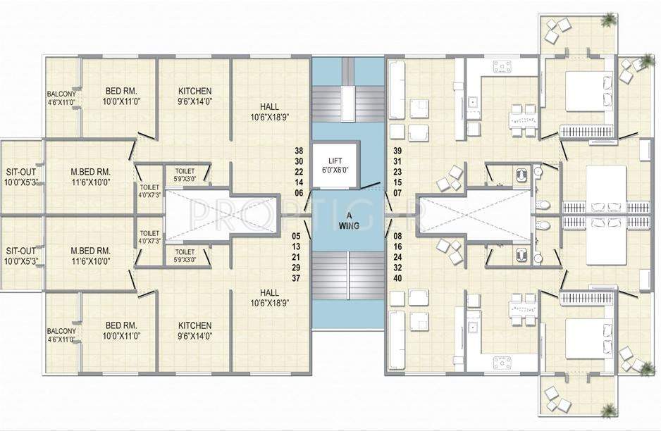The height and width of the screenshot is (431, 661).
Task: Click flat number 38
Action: point(299,151)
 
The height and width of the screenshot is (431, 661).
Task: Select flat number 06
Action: point(299,194)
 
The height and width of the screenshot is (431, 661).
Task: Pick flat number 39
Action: point(397,151)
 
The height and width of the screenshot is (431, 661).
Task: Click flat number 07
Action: point(397,194)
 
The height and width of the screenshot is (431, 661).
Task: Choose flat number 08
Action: point(397,236)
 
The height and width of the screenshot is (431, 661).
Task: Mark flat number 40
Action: point(397,278)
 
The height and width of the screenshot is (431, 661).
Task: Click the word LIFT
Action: point(335,161)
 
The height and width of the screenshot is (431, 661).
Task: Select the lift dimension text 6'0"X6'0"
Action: point(335,170)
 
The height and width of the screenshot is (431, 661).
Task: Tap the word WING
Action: point(349,226)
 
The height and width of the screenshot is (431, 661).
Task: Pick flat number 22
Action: point(299,172)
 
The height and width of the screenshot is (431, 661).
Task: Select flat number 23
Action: point(397,172)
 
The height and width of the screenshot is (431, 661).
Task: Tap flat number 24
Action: point(397,257)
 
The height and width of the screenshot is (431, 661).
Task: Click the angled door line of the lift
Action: point(372,185)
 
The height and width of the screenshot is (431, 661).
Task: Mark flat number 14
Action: point(299,182)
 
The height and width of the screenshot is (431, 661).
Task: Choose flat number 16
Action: point(397,246)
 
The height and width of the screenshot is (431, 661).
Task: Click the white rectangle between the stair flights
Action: point(349,104)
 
